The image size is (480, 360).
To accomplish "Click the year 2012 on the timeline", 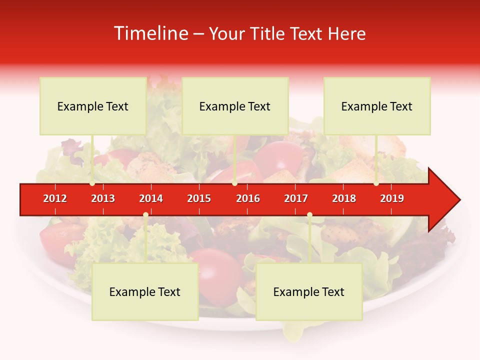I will coord(55,198).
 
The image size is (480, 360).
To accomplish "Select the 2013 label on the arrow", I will coord(103,198).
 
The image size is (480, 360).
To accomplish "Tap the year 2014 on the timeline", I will coord(151,198).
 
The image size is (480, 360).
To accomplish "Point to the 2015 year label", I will coord(199,198).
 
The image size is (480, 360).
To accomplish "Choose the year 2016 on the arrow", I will coord(248,198).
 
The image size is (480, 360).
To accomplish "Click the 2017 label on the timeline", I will coord(296,198).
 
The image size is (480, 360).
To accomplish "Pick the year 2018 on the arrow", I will coord(344,198).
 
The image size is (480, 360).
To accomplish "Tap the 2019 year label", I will coord(392,198).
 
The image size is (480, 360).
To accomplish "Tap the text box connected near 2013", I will coord(93,106).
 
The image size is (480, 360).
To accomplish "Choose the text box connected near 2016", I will coord(235,106).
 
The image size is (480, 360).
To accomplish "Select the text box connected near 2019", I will coord(377,106).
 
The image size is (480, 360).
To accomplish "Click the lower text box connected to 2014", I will coord(145,291).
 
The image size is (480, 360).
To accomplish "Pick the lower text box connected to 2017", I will coord(309,291).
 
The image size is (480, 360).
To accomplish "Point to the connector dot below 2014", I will coord(145,215).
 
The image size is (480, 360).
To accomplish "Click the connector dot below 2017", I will coord(309,215).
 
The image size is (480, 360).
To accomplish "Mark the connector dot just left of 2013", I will coord(92,183).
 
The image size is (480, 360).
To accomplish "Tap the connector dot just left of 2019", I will coord(376,183).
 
